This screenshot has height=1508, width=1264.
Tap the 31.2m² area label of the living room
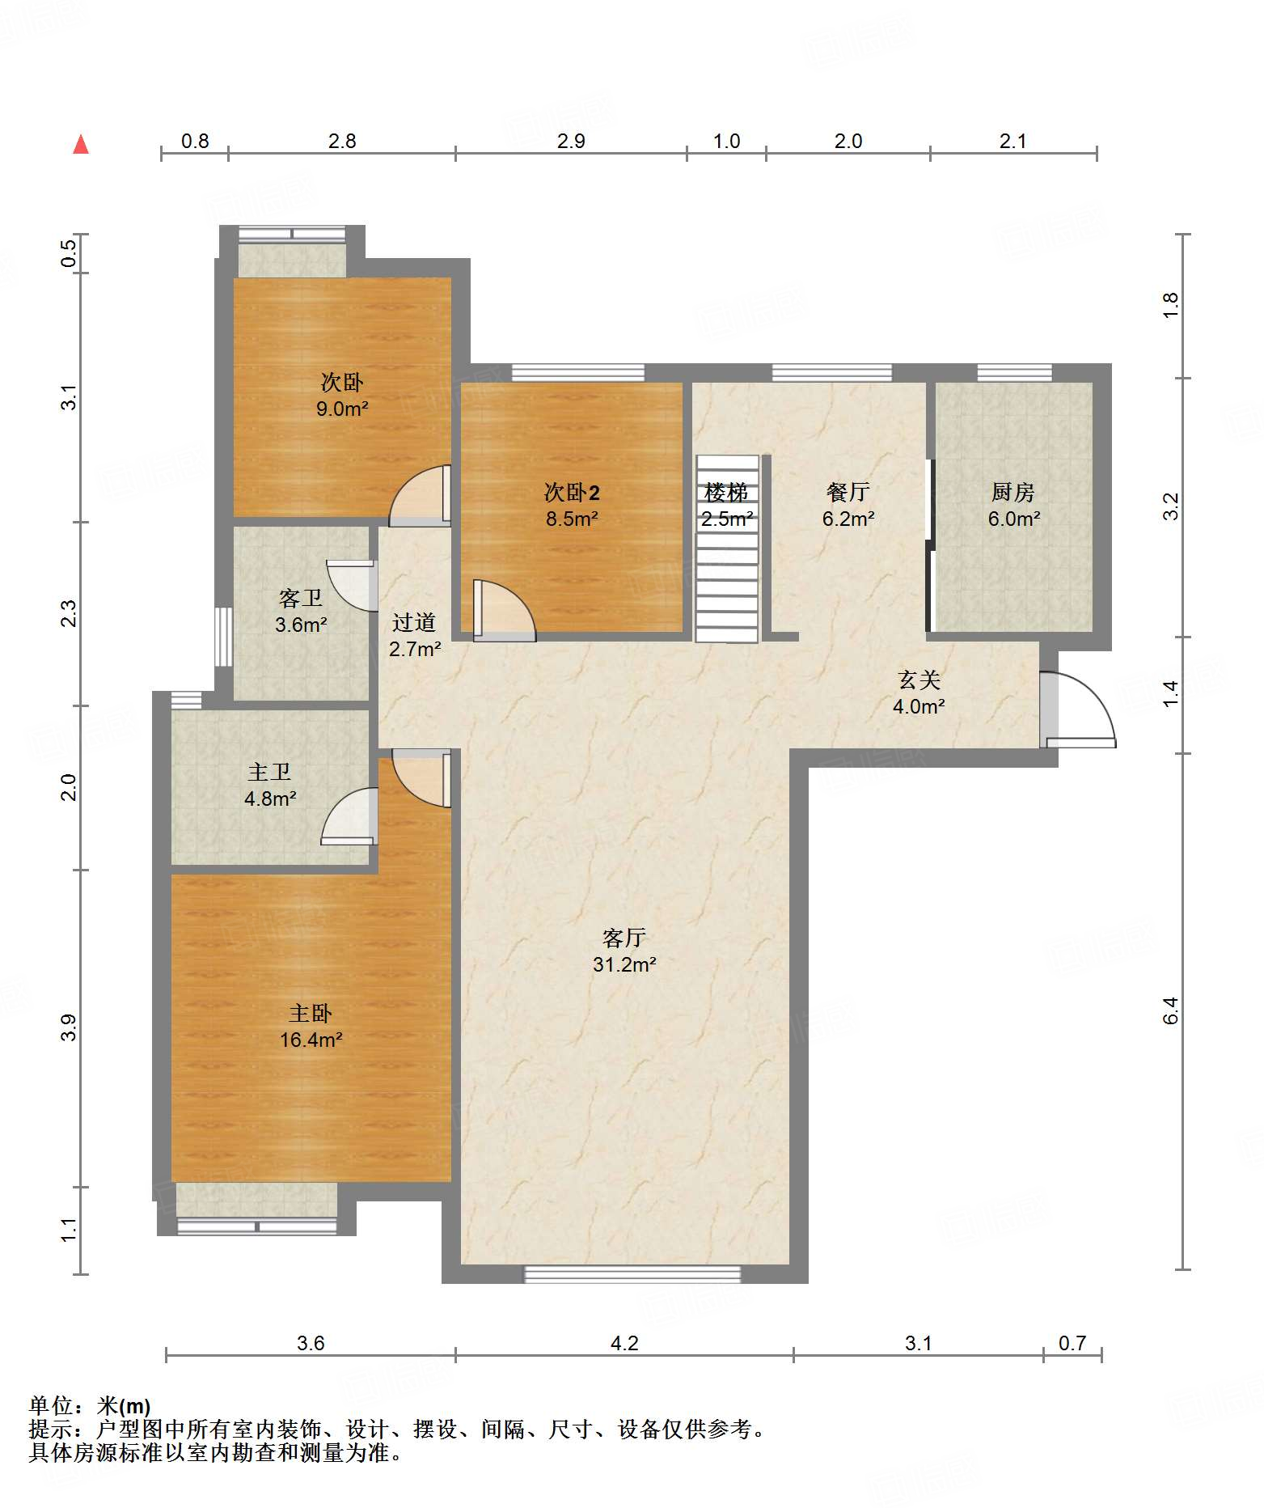[x=624, y=964]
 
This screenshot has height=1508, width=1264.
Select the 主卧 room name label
[x=311, y=1014]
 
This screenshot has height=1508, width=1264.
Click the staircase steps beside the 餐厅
[x=727, y=549]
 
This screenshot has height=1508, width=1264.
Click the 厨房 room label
[x=1013, y=492]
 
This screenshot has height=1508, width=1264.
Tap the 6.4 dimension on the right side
[x=1171, y=1010]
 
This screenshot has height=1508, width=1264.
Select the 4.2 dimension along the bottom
[x=624, y=1344]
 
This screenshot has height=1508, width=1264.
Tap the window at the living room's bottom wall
[x=632, y=1274]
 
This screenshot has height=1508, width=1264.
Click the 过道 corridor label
[x=414, y=622]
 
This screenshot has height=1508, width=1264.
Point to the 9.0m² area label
[x=342, y=409]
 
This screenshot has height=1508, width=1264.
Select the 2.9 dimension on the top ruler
[x=571, y=142]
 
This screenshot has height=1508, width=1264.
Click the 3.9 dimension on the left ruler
[x=70, y=1027]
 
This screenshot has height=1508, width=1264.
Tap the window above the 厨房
[x=1015, y=373]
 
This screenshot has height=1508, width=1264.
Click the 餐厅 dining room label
[x=848, y=492]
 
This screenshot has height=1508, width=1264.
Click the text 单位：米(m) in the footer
[x=90, y=1407]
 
